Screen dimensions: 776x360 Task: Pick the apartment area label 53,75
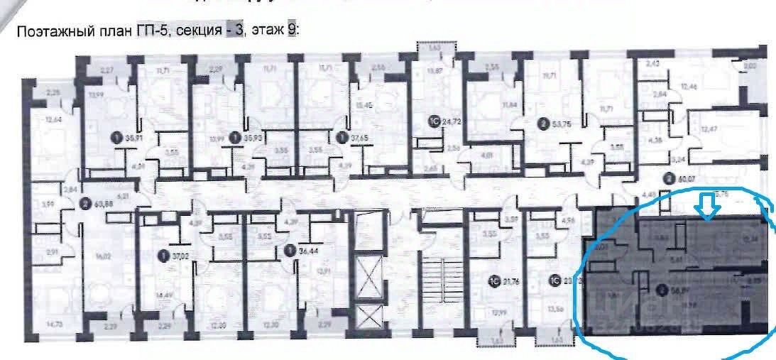[x=559, y=124]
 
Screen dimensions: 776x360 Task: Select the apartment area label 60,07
[x=682, y=179]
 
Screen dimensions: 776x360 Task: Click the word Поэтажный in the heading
[x=53, y=31]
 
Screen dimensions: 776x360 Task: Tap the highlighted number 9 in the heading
[x=291, y=31]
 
